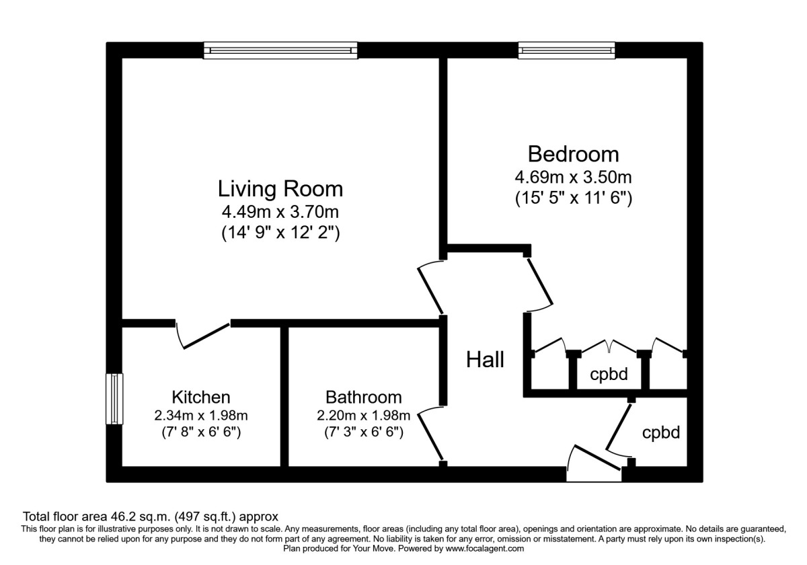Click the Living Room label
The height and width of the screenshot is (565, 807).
(x=280, y=189)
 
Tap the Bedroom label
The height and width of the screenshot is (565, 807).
(x=573, y=154)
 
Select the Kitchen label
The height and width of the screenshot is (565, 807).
(x=201, y=397)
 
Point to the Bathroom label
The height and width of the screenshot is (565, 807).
(x=363, y=397)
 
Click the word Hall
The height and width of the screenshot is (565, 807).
(x=485, y=361)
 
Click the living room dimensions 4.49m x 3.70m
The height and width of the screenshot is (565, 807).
(x=280, y=213)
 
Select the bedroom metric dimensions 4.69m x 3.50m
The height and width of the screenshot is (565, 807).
(x=573, y=178)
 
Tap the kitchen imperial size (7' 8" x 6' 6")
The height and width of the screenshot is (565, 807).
(x=201, y=432)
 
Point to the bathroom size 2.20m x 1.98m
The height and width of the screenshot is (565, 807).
(x=363, y=415)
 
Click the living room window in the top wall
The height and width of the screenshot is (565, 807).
(x=281, y=50)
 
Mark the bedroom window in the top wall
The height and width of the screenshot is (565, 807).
(x=566, y=50)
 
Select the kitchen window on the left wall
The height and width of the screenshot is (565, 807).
(x=115, y=399)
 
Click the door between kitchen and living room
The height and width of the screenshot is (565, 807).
(x=204, y=334)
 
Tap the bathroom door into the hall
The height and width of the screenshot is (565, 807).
(x=429, y=436)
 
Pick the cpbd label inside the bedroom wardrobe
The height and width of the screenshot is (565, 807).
(x=609, y=375)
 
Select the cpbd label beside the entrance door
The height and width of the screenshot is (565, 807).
(x=660, y=432)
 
